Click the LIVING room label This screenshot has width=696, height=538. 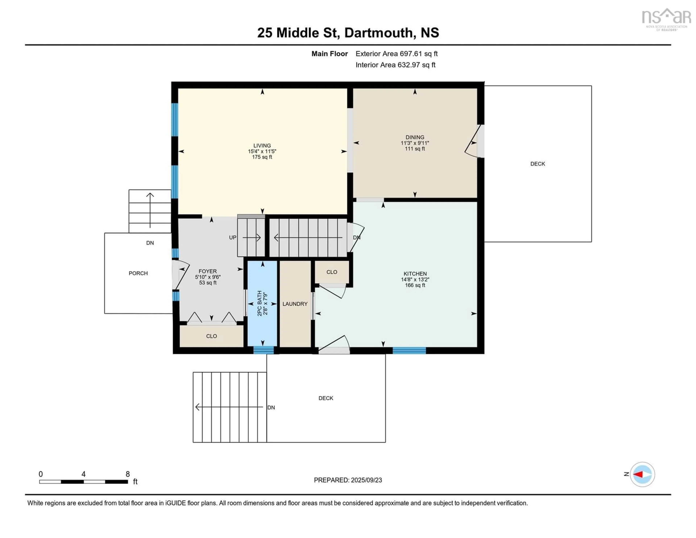pyautogui.click(x=262, y=145)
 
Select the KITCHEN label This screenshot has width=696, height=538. pyautogui.click(x=415, y=274)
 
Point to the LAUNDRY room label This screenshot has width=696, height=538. pyautogui.click(x=295, y=304)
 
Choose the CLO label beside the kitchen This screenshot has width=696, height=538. pyautogui.click(x=332, y=272)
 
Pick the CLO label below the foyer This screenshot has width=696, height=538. pyautogui.click(x=211, y=336)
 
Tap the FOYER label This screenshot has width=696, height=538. pyautogui.click(x=208, y=271)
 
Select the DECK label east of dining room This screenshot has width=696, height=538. pyautogui.click(x=538, y=164)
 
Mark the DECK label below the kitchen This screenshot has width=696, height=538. pyautogui.click(x=326, y=398)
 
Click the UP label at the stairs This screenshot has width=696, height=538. pyautogui.click(x=233, y=238)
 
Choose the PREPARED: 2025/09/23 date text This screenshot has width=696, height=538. pyautogui.click(x=348, y=480)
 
